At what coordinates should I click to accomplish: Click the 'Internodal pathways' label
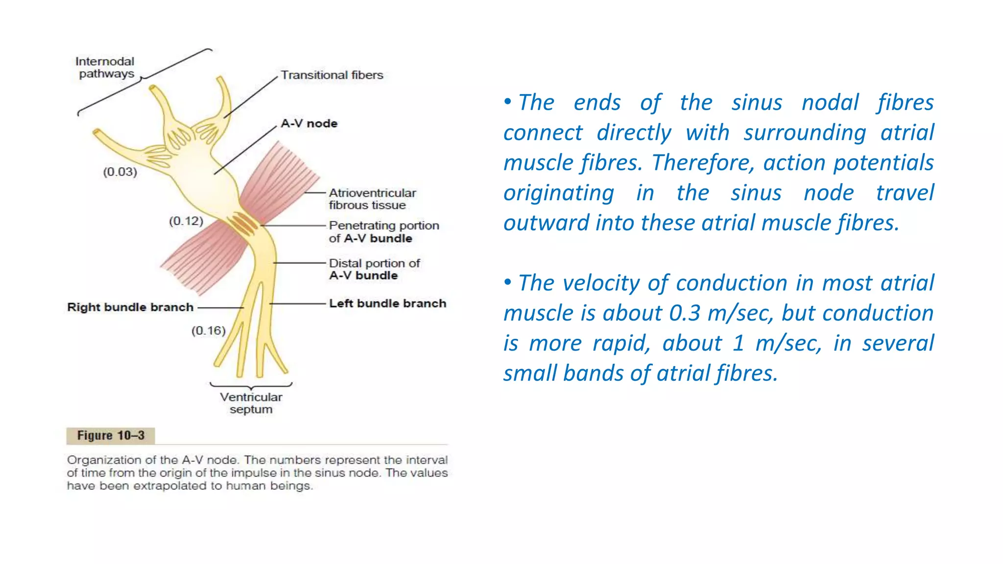105,68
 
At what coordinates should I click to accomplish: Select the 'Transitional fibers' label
332,75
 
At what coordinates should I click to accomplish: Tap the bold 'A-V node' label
309,123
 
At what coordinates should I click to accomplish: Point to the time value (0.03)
120,172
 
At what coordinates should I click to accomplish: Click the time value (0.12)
186,221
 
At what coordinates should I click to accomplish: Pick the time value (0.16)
209,330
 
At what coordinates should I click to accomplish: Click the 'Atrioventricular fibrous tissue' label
372,199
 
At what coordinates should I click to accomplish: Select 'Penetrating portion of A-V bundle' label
383,232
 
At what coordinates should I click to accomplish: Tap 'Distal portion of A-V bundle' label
374,269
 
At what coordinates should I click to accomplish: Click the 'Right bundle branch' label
130,307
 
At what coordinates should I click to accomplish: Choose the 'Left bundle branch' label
387,304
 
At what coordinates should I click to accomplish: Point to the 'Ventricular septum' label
251,403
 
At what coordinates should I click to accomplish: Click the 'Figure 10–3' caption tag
111,435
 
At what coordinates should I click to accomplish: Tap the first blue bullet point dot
508,102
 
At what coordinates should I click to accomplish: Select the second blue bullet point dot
508,282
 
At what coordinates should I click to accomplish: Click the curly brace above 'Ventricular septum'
251,386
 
